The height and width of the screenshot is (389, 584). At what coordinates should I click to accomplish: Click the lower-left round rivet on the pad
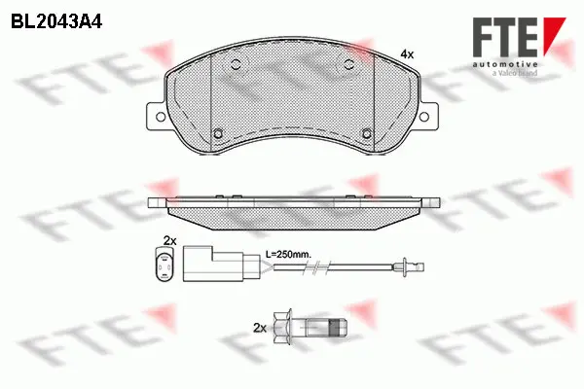click(220, 134)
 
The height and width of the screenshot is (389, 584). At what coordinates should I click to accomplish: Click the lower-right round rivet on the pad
click(365, 134)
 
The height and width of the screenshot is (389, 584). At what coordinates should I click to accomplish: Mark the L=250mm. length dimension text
click(288, 254)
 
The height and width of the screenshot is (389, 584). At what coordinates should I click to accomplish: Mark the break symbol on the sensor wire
click(266, 265)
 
